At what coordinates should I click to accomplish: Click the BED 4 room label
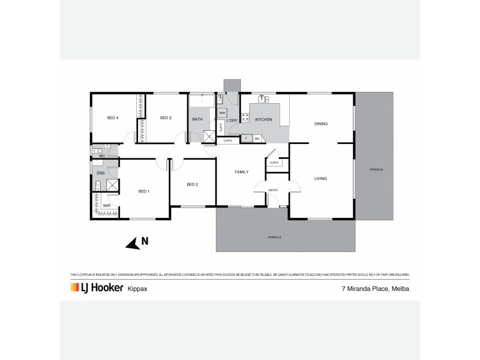[112, 118]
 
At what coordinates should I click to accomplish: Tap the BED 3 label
[166, 118]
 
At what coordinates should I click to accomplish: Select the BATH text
[197, 119]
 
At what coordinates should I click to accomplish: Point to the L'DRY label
[232, 119]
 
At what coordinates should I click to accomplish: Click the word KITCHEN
[263, 119]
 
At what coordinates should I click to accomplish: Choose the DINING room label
[321, 124]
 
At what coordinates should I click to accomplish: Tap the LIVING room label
[321, 178]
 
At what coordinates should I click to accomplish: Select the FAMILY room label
[241, 172]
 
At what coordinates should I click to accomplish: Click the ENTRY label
[274, 190]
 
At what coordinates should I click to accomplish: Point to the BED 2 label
[192, 184]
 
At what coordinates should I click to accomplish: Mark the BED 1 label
[143, 191]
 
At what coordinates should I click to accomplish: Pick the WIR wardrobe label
[106, 205]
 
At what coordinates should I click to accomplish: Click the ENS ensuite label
[100, 173]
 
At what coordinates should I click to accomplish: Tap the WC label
[102, 155]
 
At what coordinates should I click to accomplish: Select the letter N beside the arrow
[145, 242]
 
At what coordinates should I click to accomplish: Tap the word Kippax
[137, 289]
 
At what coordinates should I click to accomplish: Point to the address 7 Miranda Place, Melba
[370, 289]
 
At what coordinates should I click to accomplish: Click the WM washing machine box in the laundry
[222, 112]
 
